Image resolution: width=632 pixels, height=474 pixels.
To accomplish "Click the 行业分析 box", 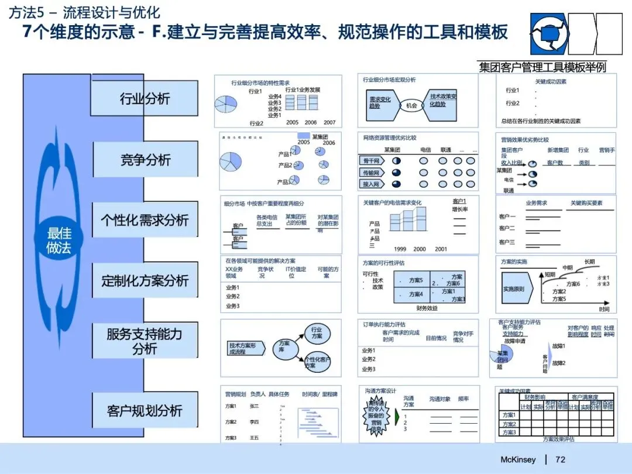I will [145, 98].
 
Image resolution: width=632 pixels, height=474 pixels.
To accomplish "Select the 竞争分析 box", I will [146, 159].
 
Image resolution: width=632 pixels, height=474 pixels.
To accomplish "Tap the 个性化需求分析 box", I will [145, 220].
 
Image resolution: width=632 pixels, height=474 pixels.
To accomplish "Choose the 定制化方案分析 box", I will [145, 280].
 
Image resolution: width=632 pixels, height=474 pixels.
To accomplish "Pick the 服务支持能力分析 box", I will [145, 341].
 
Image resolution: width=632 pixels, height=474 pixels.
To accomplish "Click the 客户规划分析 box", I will [145, 410].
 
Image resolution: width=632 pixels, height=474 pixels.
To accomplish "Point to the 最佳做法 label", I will [59, 241].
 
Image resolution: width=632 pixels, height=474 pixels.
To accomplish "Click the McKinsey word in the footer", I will [518, 460].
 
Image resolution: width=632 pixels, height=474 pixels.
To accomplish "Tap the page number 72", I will [561, 460].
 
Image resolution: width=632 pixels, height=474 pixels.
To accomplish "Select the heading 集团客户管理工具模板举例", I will [542, 67].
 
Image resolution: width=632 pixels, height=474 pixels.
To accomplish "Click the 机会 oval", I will [411, 106].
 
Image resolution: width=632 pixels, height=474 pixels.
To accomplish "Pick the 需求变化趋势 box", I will [380, 102].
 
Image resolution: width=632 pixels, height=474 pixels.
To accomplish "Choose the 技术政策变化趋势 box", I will [442, 100].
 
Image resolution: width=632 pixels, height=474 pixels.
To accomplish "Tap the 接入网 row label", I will [372, 184].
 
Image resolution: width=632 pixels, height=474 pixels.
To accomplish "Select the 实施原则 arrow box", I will [514, 289].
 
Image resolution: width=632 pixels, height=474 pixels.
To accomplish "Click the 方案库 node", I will [285, 346].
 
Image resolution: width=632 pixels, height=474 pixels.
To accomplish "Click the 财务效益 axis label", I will [427, 308].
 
